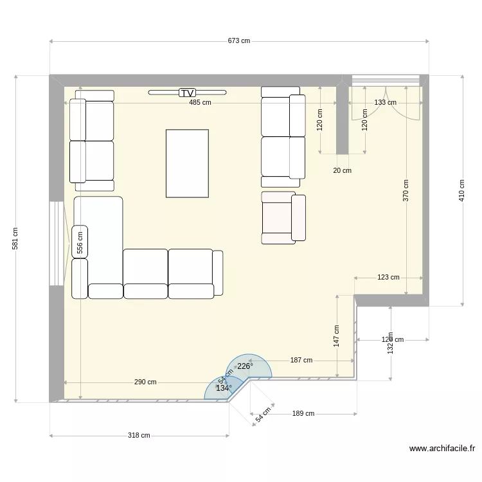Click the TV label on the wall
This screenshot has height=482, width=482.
[187, 93]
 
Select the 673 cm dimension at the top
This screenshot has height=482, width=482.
[238, 40]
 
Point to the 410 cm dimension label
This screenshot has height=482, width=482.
[461, 190]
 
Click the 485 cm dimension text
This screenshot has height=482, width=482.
[199, 102]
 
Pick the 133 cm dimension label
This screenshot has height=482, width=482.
[385, 102]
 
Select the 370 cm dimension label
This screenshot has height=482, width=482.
[406, 191]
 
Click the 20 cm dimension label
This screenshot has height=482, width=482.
[342, 170]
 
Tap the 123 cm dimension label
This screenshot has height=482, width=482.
[388, 278]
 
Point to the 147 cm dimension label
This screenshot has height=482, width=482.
[337, 336]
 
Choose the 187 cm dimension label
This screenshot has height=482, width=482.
[301, 361]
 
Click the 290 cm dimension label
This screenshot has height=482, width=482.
[145, 382]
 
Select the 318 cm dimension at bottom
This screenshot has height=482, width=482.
[139, 435]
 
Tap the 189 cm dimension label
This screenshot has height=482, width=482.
[303, 414]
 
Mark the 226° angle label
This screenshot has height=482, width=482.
[245, 366]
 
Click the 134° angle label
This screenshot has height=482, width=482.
[223, 388]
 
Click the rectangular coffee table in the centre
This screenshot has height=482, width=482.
[187, 163]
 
